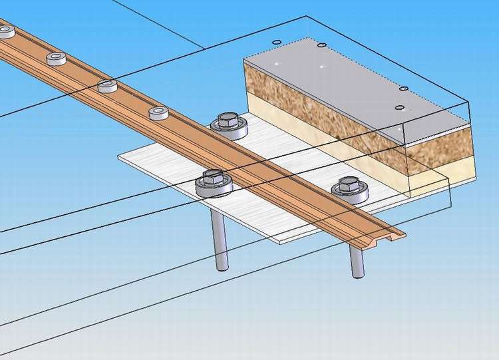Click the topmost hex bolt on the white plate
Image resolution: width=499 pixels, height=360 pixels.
[x=226, y=121]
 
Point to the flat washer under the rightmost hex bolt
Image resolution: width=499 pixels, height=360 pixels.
[x=351, y=194]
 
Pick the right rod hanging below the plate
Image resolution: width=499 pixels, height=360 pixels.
[x=357, y=260]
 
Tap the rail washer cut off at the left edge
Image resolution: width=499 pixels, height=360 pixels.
[x=5, y=31]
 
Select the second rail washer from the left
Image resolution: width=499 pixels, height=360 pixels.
[x=57, y=59]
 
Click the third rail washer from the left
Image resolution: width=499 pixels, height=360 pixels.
[x=108, y=86]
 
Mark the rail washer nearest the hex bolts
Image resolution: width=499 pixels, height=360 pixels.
[x=158, y=112]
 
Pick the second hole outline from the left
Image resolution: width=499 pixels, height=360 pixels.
[x=322, y=45]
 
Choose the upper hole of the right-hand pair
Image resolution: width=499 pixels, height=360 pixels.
[x=403, y=89]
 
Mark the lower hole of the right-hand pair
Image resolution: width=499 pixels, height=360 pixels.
[x=399, y=107]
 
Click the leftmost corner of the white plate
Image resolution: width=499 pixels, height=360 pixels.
[x=120, y=157]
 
